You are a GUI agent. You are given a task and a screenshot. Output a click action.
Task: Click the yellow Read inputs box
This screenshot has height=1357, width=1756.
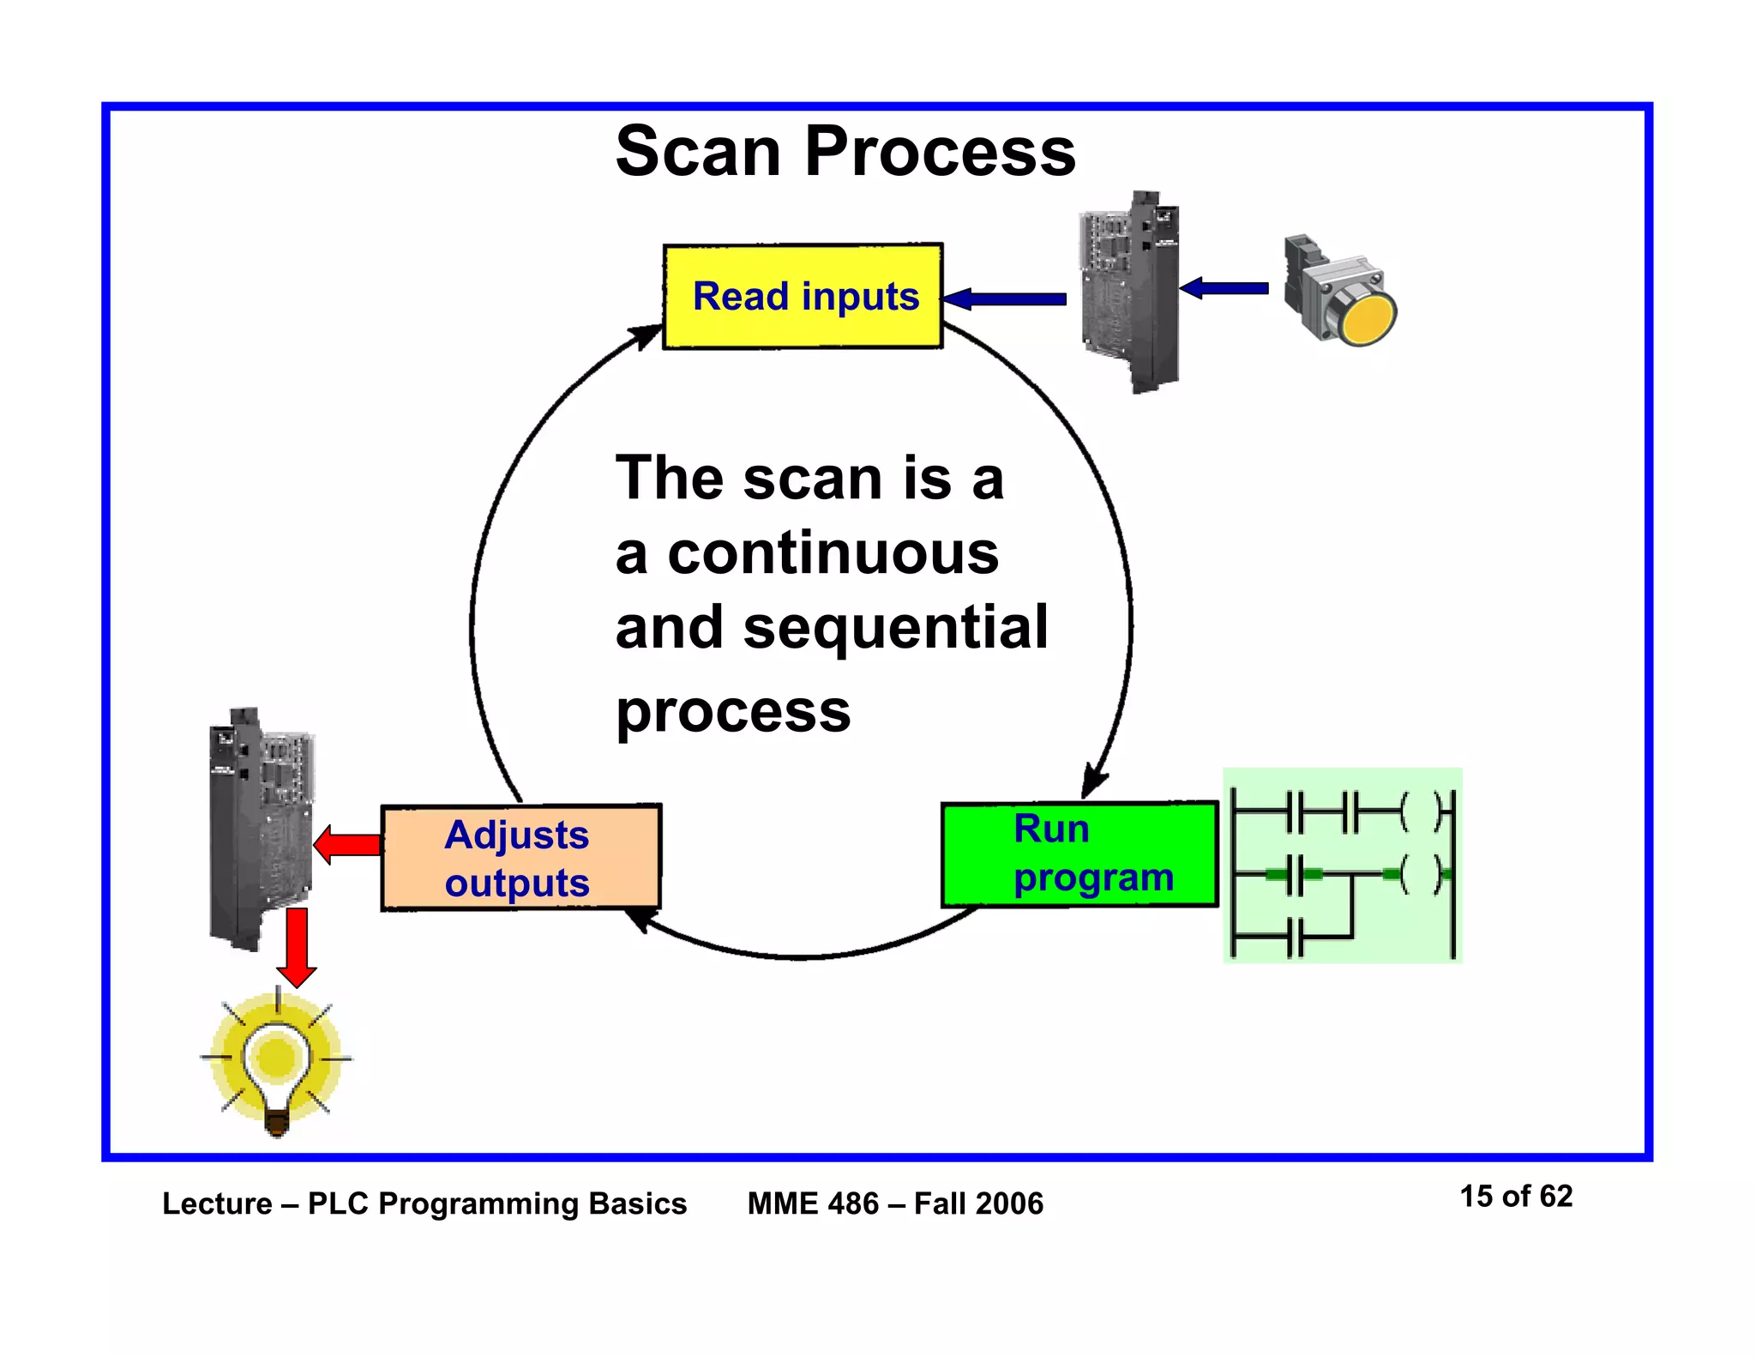coord(803,296)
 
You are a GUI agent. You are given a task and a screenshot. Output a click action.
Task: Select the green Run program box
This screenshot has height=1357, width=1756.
coord(1079,853)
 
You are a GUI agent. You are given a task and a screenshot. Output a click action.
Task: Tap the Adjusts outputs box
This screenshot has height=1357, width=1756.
coord(520,858)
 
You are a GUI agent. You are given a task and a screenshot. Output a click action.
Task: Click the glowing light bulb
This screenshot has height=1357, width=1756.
coord(276,1064)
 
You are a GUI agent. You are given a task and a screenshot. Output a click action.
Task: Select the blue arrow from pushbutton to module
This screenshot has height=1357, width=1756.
coord(1224,288)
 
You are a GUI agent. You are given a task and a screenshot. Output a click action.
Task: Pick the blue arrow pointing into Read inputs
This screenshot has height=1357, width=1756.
coord(1005,299)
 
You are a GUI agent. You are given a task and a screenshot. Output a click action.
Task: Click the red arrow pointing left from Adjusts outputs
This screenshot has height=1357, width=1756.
coord(347,845)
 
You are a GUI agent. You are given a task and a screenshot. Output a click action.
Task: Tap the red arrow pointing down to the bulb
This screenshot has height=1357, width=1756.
coord(297,947)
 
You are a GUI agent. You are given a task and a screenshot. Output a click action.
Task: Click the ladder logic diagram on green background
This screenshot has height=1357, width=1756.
coord(1342,865)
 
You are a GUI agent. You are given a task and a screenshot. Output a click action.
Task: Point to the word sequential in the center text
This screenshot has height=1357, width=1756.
coord(895,627)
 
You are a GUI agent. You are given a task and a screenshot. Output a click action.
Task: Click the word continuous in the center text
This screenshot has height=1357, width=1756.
coord(833,553)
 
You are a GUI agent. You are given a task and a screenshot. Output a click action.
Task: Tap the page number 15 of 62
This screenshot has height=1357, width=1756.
coord(1515,1196)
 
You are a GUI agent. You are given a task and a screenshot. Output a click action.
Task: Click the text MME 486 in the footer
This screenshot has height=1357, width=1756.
coord(812,1203)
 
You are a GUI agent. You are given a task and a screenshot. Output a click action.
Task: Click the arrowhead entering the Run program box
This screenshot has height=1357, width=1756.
coord(1092,782)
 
